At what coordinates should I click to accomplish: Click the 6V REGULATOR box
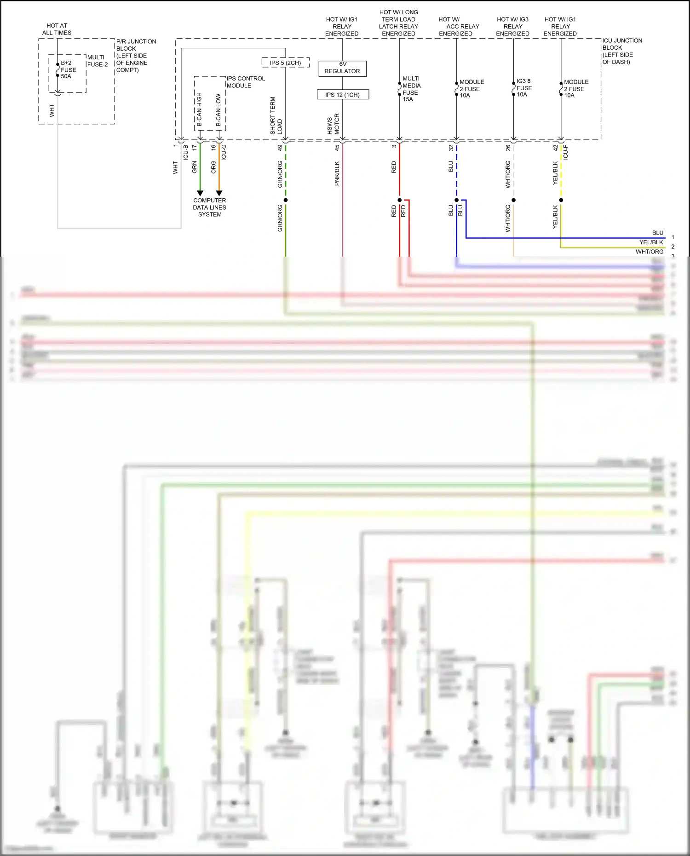coord(342,68)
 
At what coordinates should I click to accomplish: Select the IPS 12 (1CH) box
coord(342,95)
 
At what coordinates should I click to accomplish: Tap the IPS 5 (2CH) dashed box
coord(285,63)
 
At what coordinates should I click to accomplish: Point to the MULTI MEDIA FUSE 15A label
coord(411,89)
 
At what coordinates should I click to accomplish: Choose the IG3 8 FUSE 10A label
coord(523,87)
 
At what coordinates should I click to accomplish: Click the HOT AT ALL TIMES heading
coord(57,29)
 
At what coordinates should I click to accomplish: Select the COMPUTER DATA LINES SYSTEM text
coord(209,207)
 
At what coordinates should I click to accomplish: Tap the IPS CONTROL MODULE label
coord(245,82)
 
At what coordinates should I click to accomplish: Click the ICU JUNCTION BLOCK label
coord(621,51)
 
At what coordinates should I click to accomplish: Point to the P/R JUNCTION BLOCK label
coord(135,56)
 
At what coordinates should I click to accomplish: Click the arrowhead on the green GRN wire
coord(200,193)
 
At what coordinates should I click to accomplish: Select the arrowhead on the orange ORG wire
coord(219,193)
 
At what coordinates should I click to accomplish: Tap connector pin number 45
coord(337,148)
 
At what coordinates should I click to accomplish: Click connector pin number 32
coord(451,148)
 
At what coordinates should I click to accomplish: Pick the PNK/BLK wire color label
coord(337,173)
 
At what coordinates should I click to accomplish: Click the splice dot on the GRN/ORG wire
coord(286,200)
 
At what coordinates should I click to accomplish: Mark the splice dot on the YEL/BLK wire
coord(561,200)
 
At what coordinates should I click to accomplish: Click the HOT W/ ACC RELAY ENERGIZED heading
coord(458,26)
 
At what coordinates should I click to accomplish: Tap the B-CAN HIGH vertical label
coord(199,109)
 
